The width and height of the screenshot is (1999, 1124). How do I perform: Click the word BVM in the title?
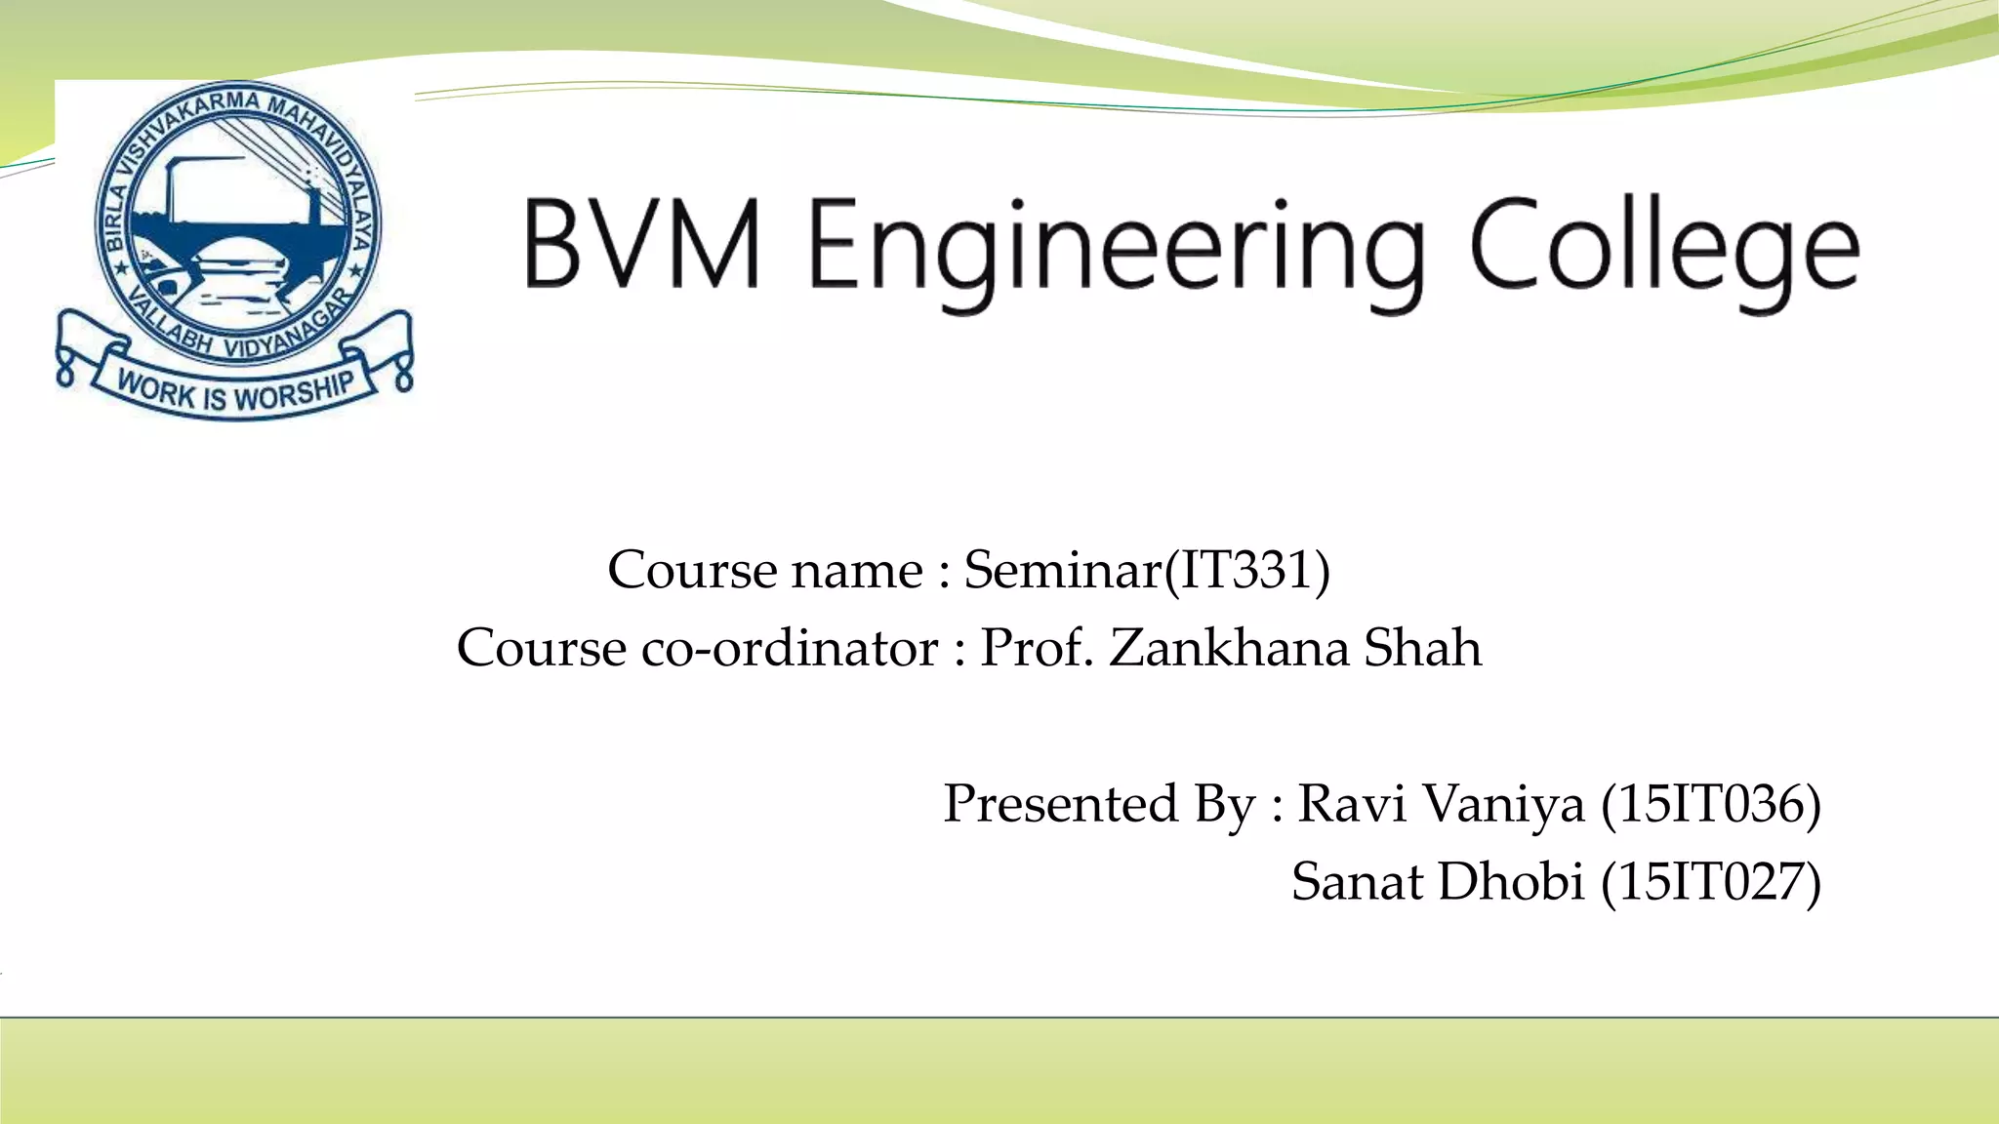pos(641,243)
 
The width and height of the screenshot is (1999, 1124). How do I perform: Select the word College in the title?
pos(1664,249)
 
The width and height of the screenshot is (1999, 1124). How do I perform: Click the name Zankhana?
pos(1229,648)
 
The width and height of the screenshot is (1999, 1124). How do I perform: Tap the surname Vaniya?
pos(1502,806)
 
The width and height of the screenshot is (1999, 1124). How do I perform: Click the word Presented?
pos(1060,804)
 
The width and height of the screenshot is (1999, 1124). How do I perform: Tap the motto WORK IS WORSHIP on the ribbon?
pos(234,391)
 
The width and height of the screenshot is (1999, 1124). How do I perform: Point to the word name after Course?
pos(857,572)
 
